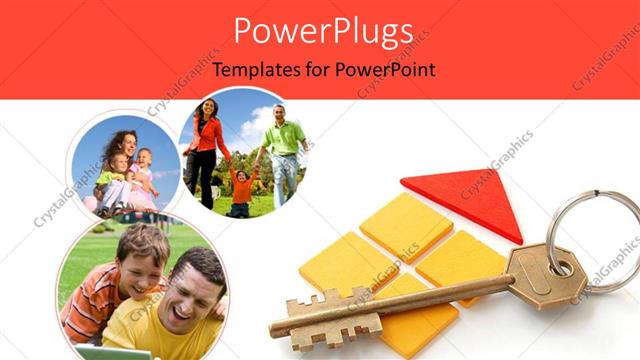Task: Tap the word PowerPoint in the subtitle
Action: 386,71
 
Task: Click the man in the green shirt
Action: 285,150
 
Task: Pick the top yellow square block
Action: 404,226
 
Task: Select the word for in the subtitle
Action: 318,71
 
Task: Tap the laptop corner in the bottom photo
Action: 100,352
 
